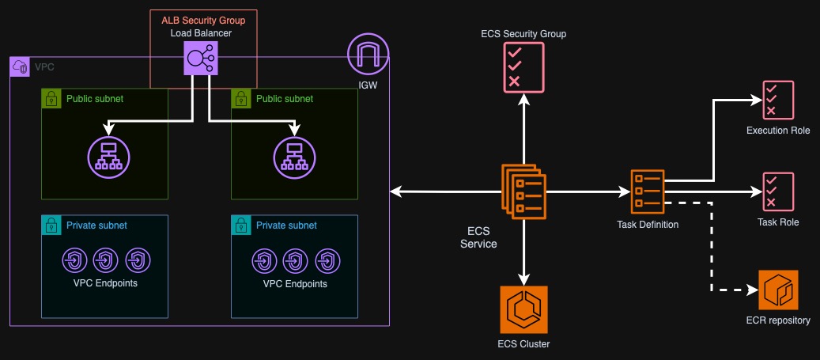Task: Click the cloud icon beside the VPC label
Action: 20,68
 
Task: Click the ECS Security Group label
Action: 523,35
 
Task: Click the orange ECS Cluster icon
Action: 523,309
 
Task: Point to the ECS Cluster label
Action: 523,343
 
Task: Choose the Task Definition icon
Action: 647,191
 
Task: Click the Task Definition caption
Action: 647,225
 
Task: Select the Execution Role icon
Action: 778,100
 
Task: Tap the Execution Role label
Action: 778,131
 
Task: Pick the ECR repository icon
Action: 778,290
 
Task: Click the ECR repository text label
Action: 778,320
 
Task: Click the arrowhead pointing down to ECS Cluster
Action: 523,278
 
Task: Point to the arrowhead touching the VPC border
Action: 395,191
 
